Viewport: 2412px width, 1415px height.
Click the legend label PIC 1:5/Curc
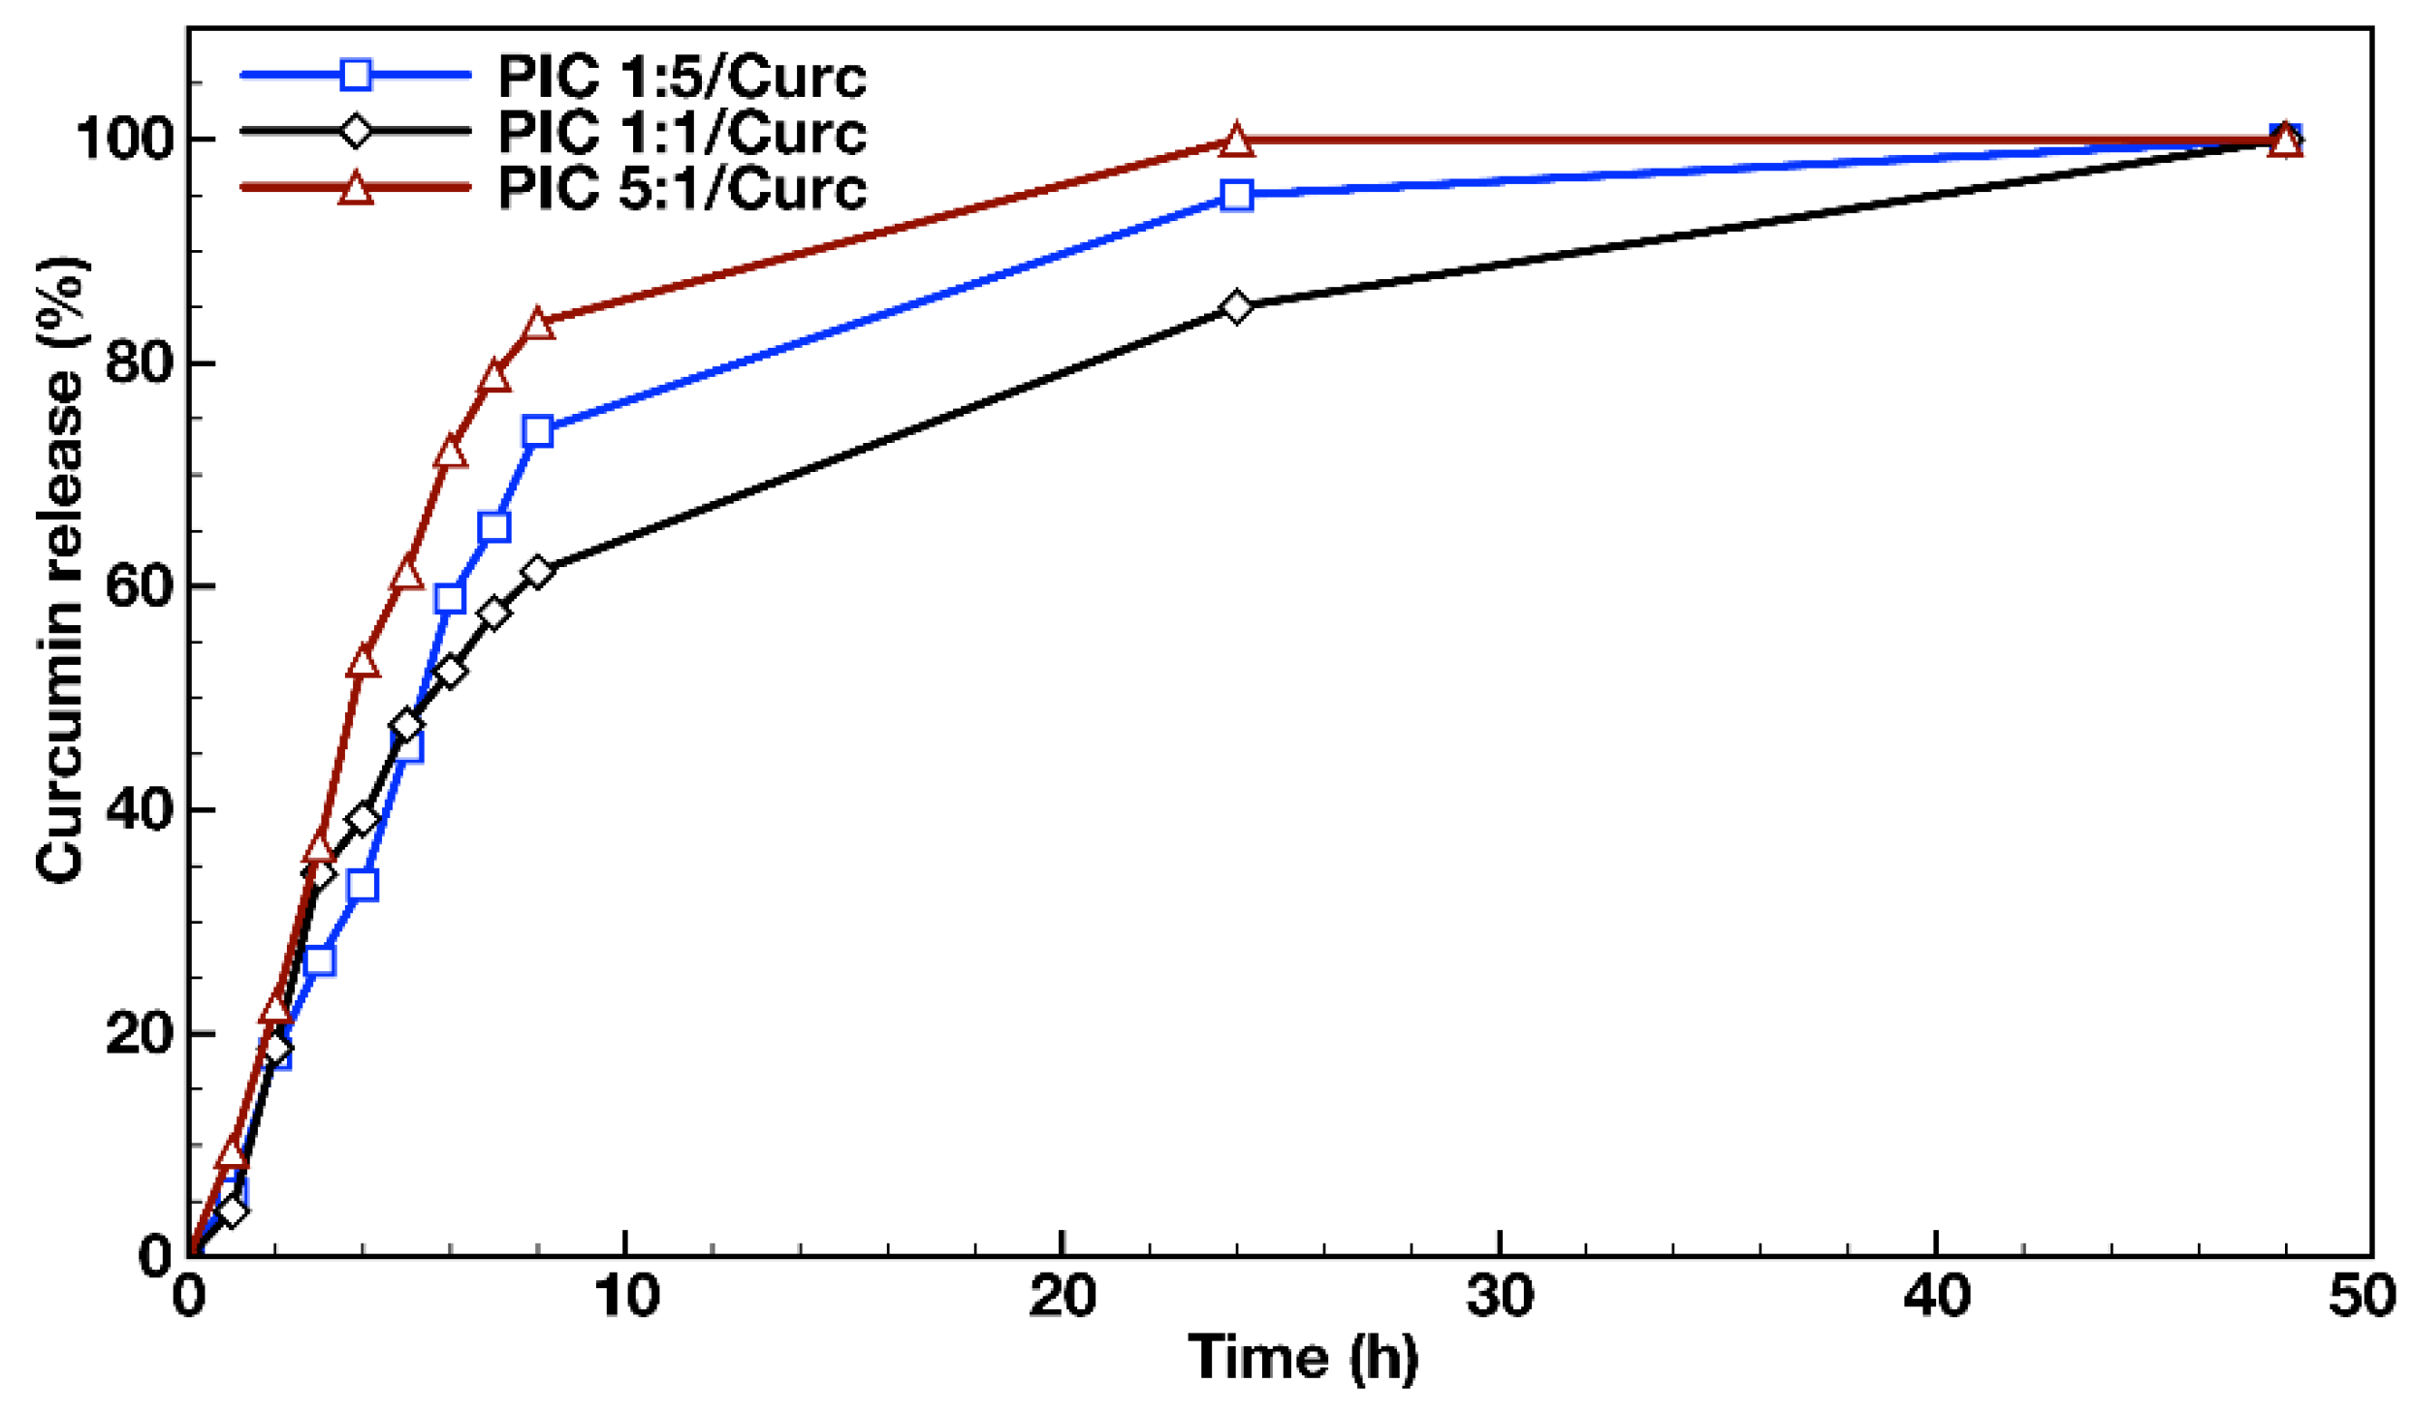coord(682,77)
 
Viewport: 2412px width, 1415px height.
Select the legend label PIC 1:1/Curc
coord(682,133)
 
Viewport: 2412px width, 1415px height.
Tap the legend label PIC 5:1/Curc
coord(682,189)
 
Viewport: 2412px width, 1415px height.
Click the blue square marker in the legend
coord(356,75)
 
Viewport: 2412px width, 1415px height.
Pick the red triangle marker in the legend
coord(356,188)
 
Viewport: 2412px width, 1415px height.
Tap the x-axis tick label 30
coord(1499,1296)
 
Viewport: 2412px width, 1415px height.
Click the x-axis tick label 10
coord(626,1296)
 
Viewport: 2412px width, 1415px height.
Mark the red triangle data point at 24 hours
coord(1236,141)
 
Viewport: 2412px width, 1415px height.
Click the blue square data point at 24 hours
coord(1236,196)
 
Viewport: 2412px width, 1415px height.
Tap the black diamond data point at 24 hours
coord(1236,307)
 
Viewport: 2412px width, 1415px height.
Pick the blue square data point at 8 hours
coord(537,432)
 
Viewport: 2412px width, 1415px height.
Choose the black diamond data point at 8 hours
coord(537,572)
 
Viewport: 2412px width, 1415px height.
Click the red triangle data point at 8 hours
coord(538,325)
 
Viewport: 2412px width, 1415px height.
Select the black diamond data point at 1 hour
coord(232,1211)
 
